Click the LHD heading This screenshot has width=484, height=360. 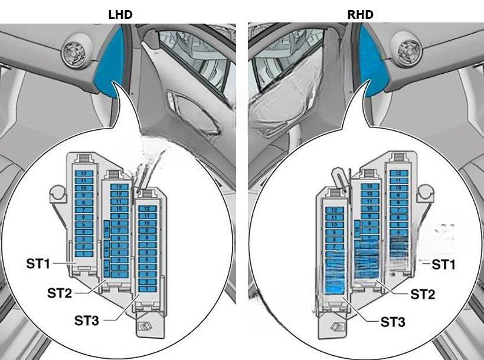pyautogui.click(x=119, y=14)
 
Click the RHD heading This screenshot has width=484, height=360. pyautogui.click(x=360, y=14)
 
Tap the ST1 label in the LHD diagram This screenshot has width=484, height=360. pyautogui.click(x=38, y=263)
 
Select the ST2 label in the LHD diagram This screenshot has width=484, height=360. pyautogui.click(x=61, y=292)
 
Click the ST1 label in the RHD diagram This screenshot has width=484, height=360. pyautogui.click(x=444, y=264)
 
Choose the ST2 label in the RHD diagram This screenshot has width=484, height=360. pyautogui.click(x=423, y=293)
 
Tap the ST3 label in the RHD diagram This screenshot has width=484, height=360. pyautogui.click(x=393, y=322)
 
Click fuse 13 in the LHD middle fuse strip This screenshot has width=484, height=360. pyautogui.click(x=119, y=187)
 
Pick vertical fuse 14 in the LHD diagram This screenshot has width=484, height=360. pyautogui.click(x=106, y=269)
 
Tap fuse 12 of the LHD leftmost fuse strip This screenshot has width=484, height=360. pyautogui.click(x=83, y=174)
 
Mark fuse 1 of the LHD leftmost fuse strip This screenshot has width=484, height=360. pyautogui.click(x=83, y=253)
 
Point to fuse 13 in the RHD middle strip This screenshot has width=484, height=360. pyautogui.click(x=369, y=186)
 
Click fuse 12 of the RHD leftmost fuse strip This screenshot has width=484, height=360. pyautogui.click(x=335, y=210)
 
